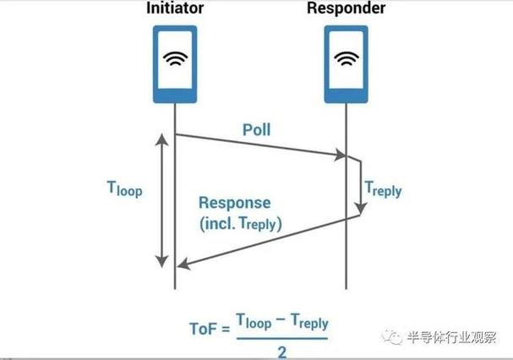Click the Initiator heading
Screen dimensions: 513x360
175,8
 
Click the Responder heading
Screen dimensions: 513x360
347,8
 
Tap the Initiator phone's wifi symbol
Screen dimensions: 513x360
175,58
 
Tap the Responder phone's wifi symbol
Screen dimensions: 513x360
347,58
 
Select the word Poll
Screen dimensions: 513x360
257,129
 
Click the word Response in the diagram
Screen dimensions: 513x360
235,203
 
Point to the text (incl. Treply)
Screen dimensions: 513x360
241,224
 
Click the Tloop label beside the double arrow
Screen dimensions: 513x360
124,188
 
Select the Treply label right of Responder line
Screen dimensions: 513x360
383,189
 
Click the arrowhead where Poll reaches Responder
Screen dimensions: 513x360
341,155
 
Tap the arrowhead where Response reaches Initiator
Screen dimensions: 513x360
183,264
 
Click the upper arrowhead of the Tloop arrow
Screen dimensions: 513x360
161,139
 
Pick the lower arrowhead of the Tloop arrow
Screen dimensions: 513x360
161,262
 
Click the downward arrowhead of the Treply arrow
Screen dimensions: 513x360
361,208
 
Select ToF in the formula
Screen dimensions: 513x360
203,328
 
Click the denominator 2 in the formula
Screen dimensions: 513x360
282,352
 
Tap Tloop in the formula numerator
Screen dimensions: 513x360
254,321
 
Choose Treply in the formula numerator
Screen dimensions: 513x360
309,321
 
